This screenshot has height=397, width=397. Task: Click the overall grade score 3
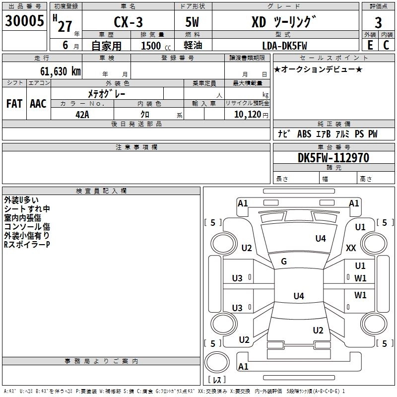378,22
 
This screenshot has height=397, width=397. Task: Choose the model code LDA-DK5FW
284,46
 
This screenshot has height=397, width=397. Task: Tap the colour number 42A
82,114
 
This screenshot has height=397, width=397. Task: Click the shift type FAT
14,104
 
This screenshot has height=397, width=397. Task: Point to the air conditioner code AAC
38,104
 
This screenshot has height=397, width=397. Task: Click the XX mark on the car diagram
351,247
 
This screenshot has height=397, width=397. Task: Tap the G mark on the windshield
284,262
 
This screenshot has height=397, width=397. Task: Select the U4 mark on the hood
321,239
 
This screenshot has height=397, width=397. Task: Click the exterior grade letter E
370,45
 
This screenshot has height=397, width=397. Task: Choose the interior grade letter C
386,45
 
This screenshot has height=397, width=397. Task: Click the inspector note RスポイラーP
27,245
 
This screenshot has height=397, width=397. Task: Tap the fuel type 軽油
193,46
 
